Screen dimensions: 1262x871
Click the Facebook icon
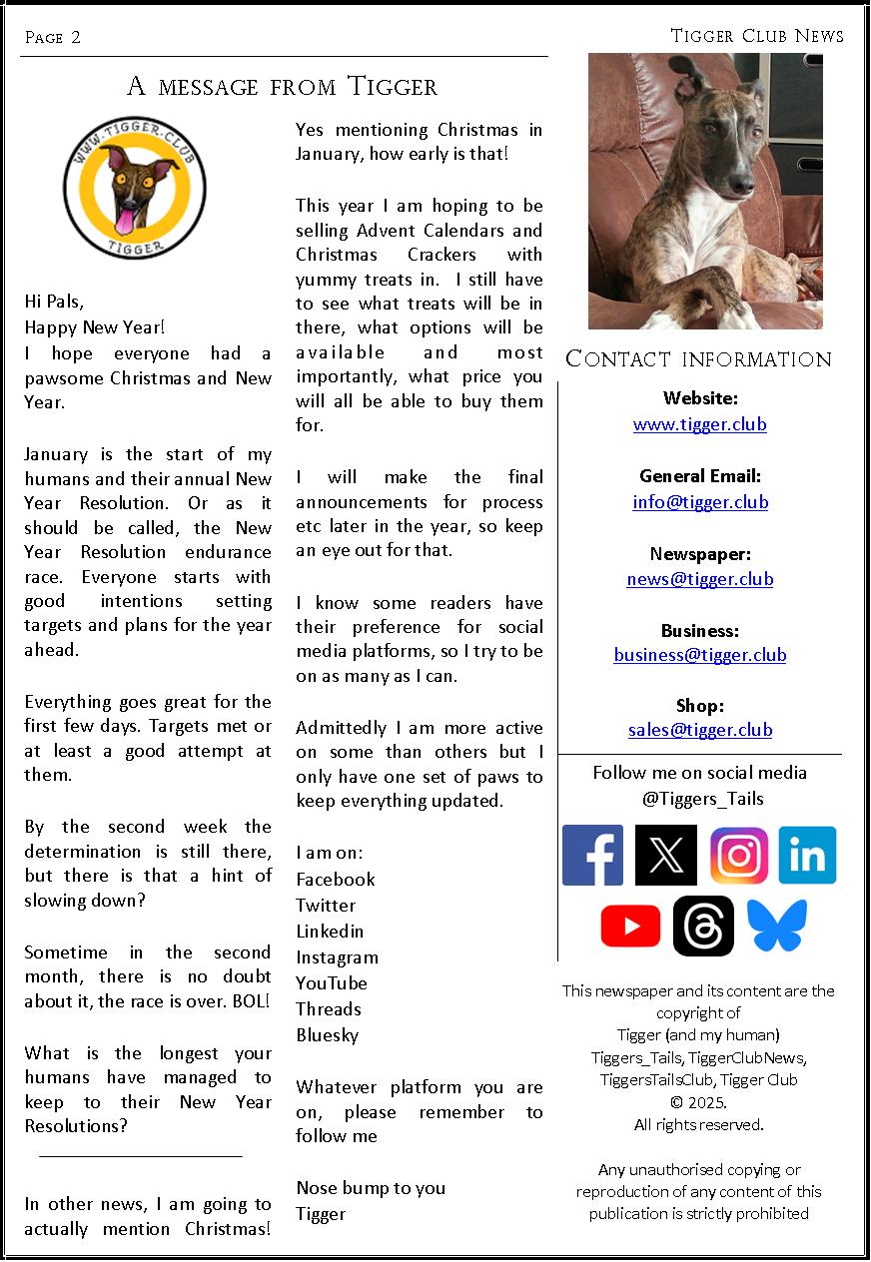pyautogui.click(x=592, y=855)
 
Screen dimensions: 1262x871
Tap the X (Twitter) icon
pyautogui.click(x=666, y=855)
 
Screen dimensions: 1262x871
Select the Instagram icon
pyautogui.click(x=739, y=856)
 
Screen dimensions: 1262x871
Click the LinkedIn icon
pyautogui.click(x=807, y=856)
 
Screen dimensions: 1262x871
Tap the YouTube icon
pyautogui.click(x=630, y=926)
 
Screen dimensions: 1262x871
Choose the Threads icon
pyautogui.click(x=703, y=926)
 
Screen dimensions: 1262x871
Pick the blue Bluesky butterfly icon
pyautogui.click(x=776, y=926)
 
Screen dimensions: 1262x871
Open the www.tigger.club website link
pyautogui.click(x=699, y=424)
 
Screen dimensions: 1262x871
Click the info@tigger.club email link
pyautogui.click(x=700, y=502)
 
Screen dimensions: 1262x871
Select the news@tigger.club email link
pyautogui.click(x=699, y=579)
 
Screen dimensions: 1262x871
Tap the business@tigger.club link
pyautogui.click(x=699, y=655)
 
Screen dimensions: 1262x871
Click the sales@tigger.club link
pyautogui.click(x=700, y=730)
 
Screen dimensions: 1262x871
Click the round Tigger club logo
pyautogui.click(x=135, y=187)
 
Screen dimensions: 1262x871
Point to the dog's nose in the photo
pyautogui.click(x=740, y=184)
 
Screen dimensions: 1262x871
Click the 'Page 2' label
pyautogui.click(x=53, y=38)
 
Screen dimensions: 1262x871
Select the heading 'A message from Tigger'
pyautogui.click(x=283, y=86)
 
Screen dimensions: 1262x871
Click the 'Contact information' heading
pyautogui.click(x=698, y=359)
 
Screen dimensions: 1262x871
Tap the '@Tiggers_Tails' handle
pyautogui.click(x=699, y=798)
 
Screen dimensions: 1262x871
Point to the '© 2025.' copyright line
pyautogui.click(x=699, y=1102)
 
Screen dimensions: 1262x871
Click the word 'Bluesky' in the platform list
pyautogui.click(x=327, y=1035)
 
